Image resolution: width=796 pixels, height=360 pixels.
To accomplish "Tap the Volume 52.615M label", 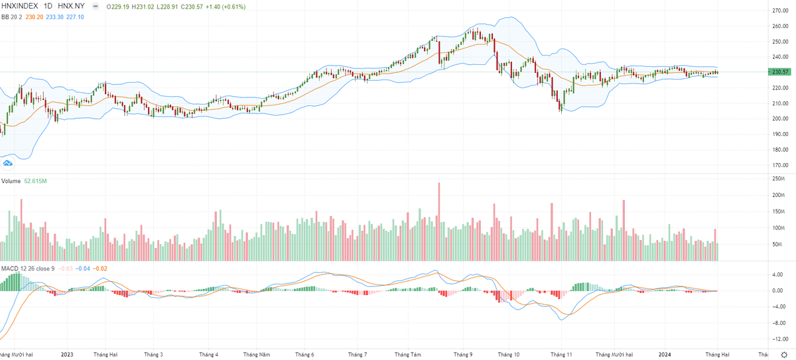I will [23, 180].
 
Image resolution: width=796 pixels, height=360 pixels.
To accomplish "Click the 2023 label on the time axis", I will [66, 355].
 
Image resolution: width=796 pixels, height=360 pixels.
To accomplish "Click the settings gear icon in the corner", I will [783, 355].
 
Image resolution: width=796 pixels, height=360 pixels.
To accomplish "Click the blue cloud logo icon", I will [9, 162].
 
